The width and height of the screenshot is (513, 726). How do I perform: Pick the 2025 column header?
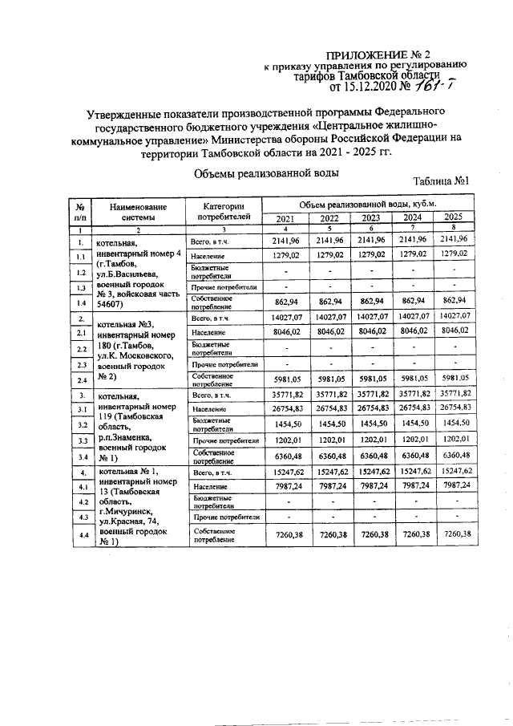click(453, 217)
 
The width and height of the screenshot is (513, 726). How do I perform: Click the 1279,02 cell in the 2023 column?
click(370, 254)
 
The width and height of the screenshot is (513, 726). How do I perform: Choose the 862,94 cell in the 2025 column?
click(454, 302)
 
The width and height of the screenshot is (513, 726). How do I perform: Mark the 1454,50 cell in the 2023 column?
click(370, 424)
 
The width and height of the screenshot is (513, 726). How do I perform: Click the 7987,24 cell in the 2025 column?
click(454, 486)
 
